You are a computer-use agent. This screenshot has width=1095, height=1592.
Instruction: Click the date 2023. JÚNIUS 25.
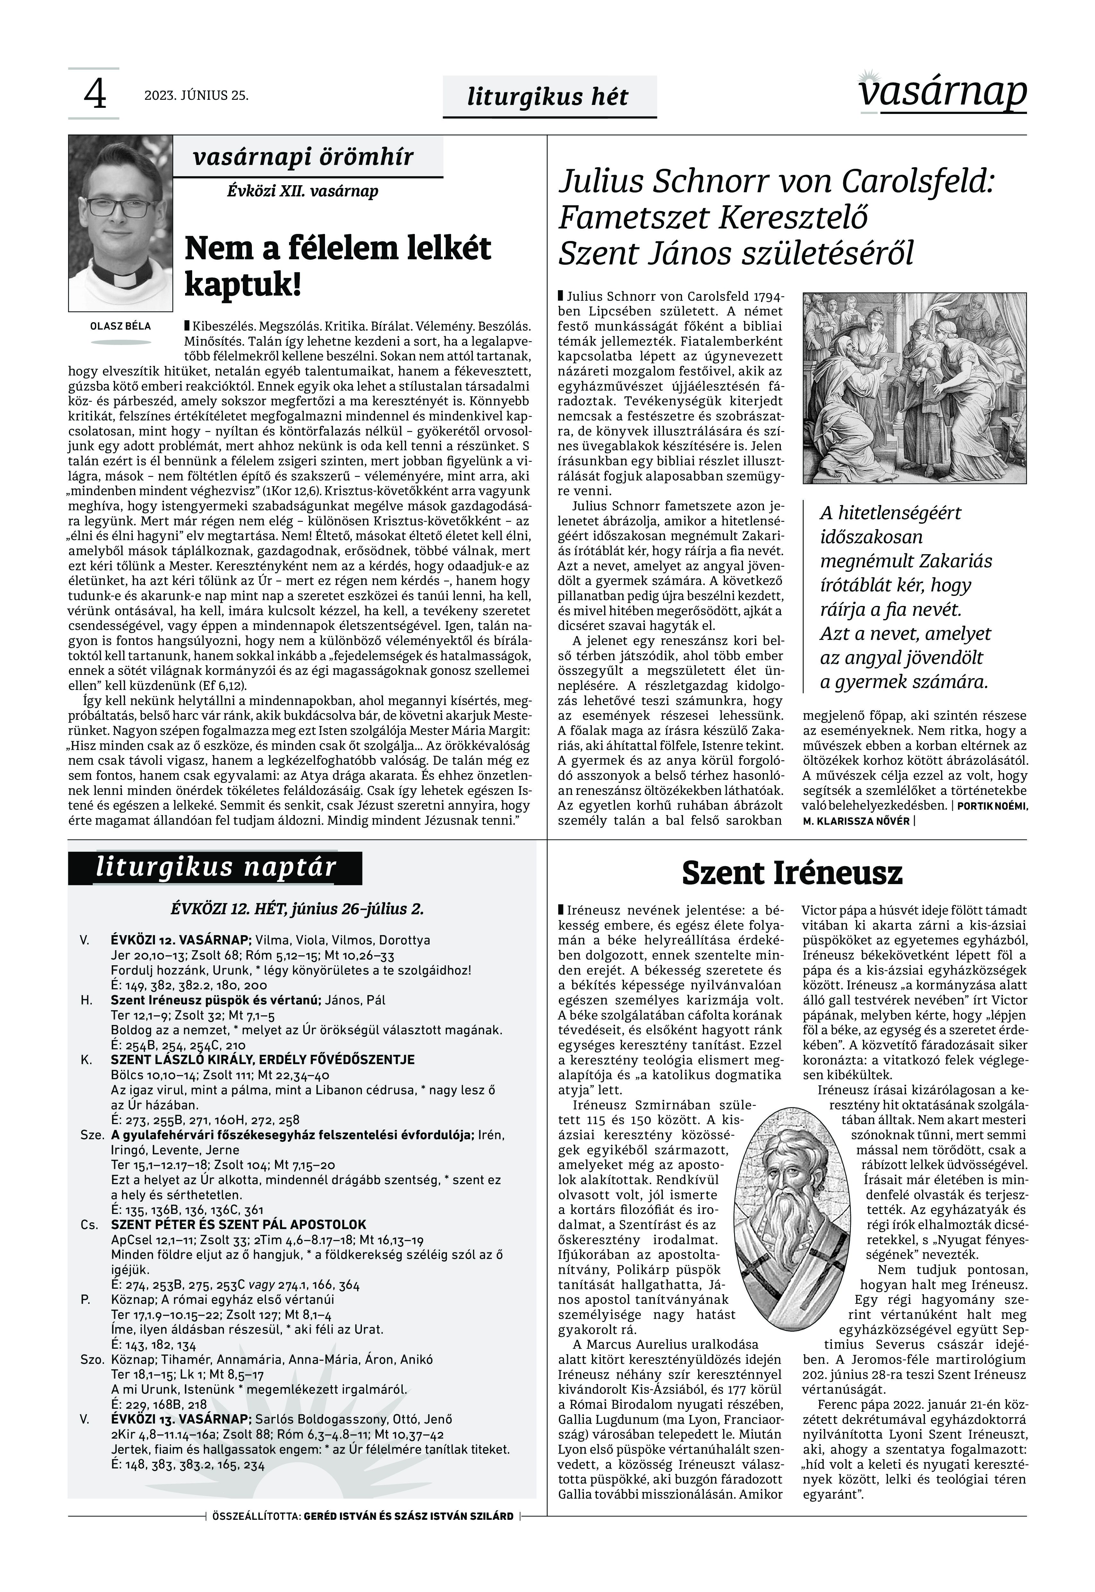(x=196, y=95)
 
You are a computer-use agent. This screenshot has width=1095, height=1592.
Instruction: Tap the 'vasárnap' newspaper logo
(x=943, y=93)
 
